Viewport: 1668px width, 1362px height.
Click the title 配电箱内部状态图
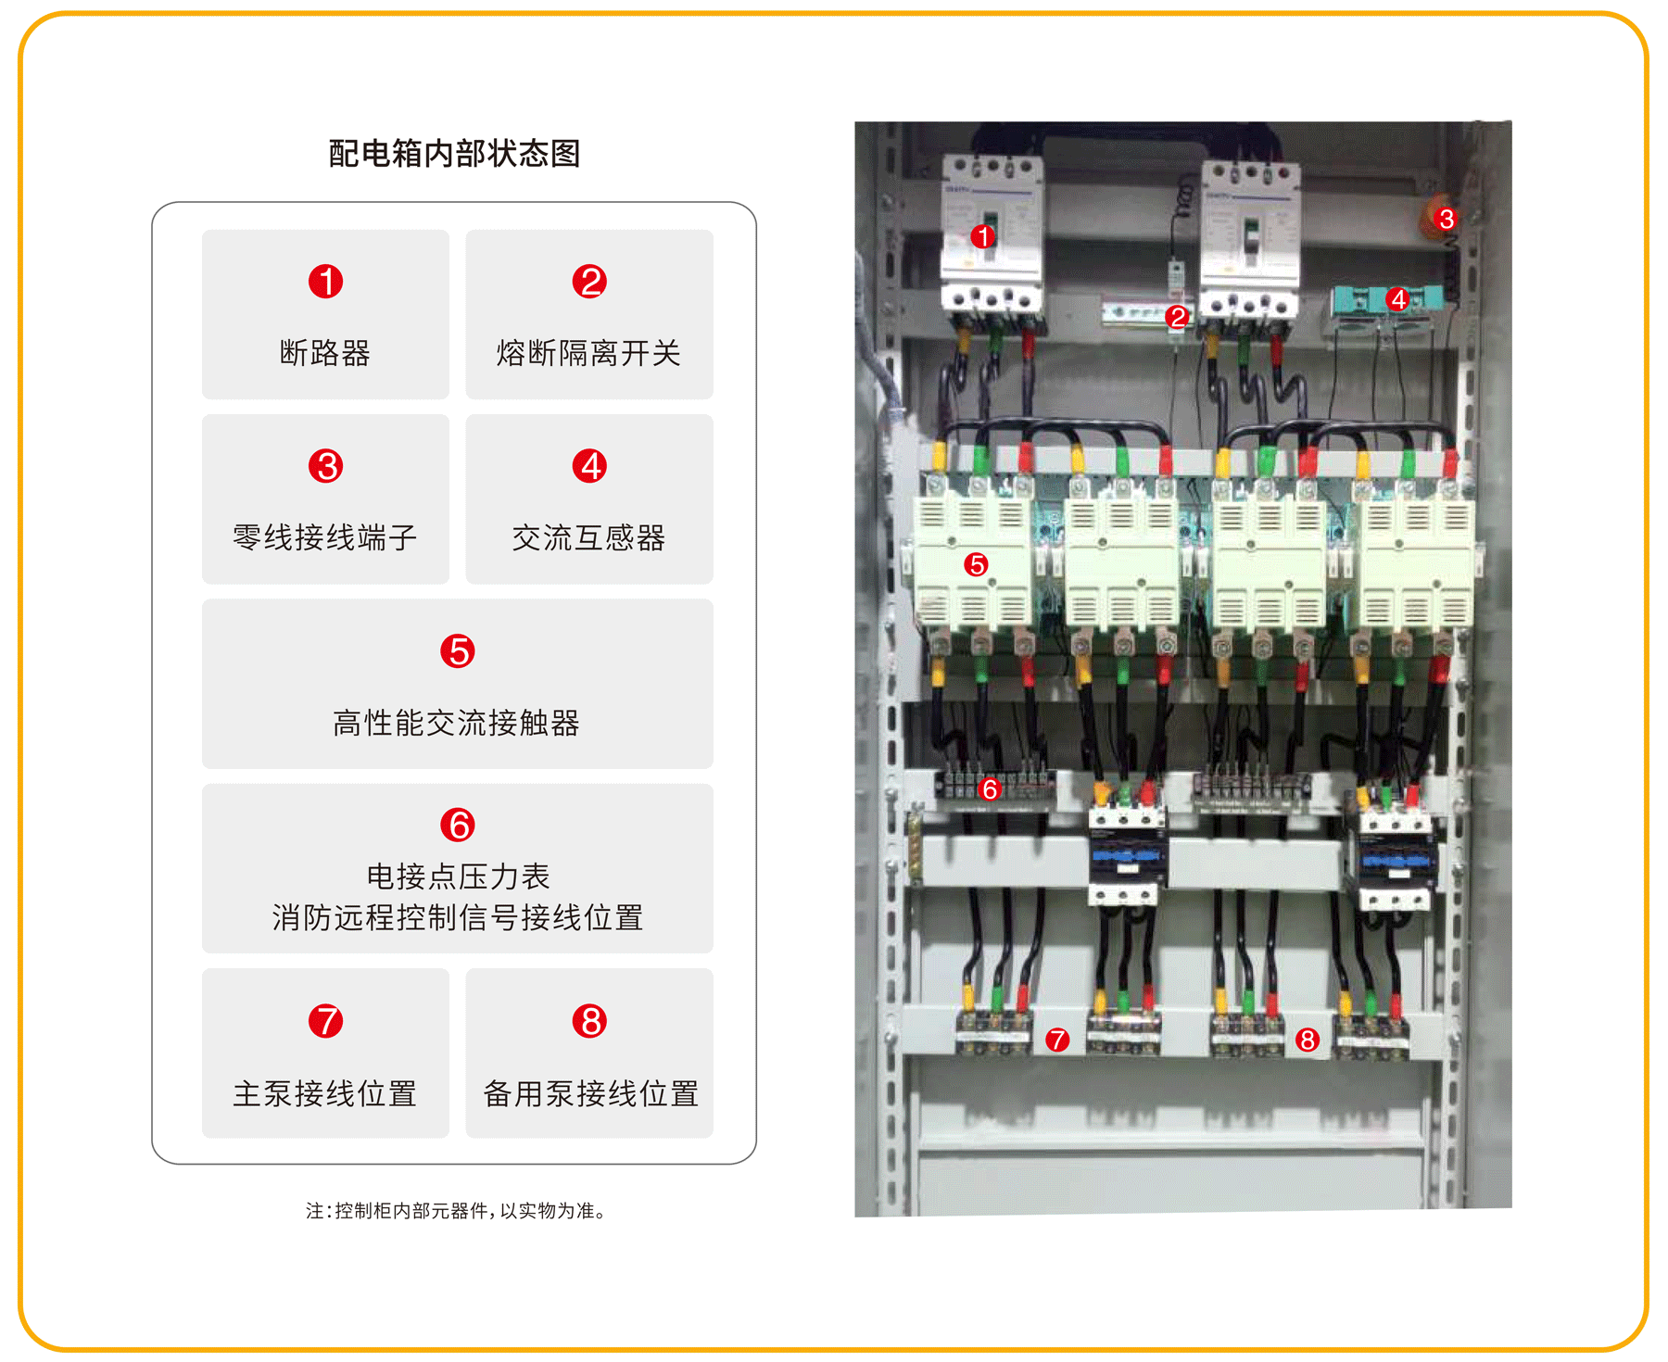[x=454, y=153]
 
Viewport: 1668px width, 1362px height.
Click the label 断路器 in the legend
[x=325, y=352]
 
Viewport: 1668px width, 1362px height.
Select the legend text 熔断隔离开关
[x=588, y=352]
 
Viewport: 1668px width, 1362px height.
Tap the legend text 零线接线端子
[x=325, y=537]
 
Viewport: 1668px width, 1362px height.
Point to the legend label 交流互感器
[x=588, y=537]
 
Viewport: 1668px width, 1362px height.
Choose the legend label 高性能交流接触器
[x=457, y=723]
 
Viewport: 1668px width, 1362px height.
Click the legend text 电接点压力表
[x=458, y=876]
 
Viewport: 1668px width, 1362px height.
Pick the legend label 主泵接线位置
[x=325, y=1093]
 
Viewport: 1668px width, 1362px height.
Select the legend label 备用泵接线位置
[x=590, y=1093]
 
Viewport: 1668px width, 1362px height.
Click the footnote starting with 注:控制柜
[x=457, y=1210]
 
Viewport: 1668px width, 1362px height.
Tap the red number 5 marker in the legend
[x=458, y=650]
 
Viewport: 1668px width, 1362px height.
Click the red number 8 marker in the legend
[x=589, y=1021]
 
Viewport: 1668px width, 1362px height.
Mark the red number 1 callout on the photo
[x=983, y=236]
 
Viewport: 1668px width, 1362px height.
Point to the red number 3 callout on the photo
[x=1446, y=219]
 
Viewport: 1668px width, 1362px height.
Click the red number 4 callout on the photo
[x=1398, y=299]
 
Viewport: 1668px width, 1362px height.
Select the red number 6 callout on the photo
[x=990, y=788]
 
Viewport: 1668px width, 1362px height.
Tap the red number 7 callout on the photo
[x=1057, y=1040]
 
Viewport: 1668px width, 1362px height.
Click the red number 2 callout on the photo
[x=1177, y=317]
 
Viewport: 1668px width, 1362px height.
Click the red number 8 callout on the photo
[x=1308, y=1040]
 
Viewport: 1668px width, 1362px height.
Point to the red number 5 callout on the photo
[x=976, y=564]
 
